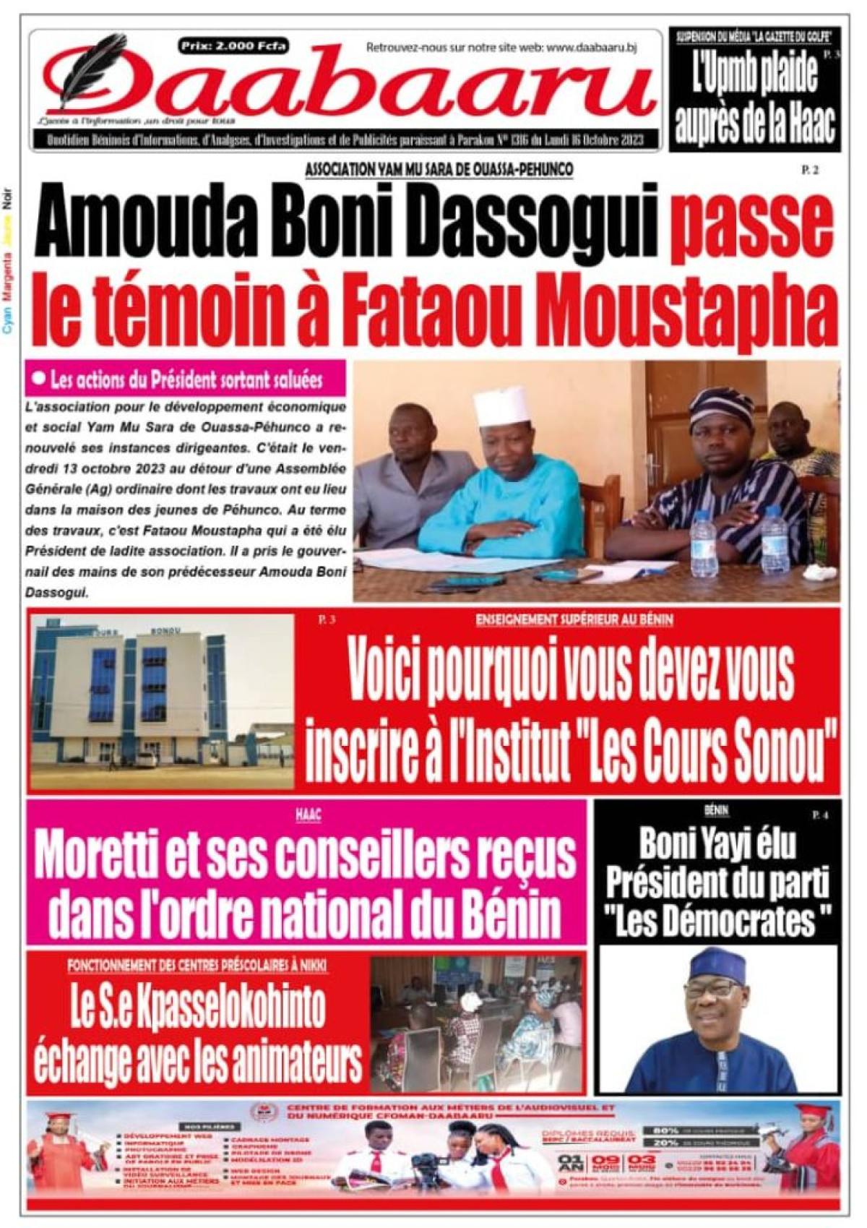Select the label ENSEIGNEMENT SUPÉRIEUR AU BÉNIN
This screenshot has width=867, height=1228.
[574, 620]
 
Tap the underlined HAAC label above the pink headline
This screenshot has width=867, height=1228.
[308, 815]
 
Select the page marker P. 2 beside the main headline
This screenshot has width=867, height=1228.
[808, 171]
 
